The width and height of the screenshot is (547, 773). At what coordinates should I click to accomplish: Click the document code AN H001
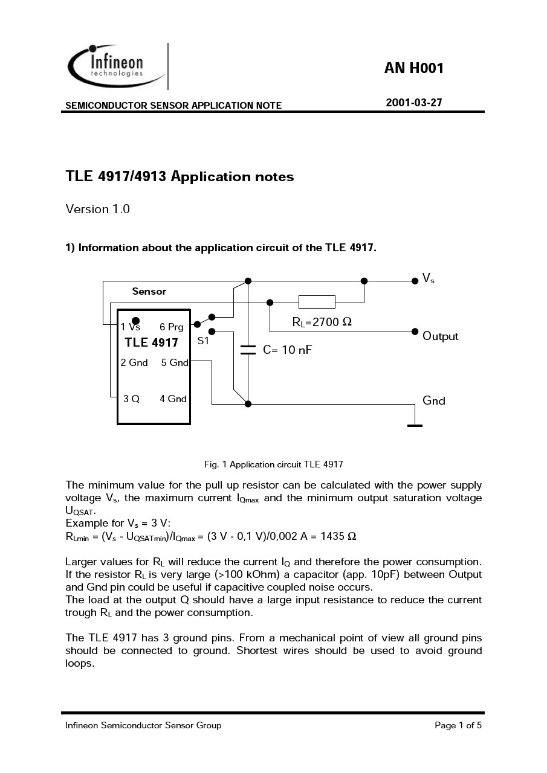(x=413, y=68)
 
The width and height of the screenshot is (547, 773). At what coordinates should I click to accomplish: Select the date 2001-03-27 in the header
(x=414, y=103)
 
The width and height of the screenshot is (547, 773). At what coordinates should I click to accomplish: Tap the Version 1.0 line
(x=97, y=210)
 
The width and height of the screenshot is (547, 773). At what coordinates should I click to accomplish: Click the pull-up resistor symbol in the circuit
(x=317, y=302)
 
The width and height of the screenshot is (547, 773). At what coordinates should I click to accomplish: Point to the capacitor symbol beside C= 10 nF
(x=248, y=350)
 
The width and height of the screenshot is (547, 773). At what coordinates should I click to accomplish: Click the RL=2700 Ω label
(x=322, y=322)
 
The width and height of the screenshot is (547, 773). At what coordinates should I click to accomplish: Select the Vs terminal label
(x=428, y=278)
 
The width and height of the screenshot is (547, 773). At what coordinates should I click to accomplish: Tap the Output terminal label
(x=440, y=336)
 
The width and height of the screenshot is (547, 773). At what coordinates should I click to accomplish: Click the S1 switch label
(x=203, y=341)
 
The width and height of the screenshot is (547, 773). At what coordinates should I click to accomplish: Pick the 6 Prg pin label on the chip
(x=171, y=327)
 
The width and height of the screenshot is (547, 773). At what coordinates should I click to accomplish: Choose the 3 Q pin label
(x=131, y=399)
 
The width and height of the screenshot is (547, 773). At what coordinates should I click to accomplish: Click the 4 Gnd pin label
(x=173, y=399)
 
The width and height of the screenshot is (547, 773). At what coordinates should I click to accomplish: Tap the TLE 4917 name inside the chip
(x=152, y=343)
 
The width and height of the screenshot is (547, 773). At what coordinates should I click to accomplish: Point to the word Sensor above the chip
(x=149, y=292)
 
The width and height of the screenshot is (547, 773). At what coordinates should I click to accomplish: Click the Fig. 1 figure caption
(x=273, y=464)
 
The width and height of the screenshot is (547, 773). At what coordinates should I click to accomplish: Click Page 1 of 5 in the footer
(x=458, y=725)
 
